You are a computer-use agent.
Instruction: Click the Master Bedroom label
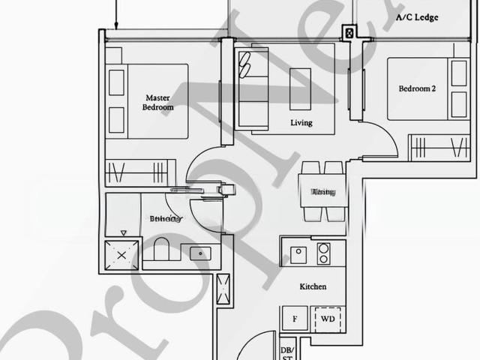(157, 103)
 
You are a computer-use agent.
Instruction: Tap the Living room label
(301, 123)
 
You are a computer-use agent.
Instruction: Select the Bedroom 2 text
(417, 89)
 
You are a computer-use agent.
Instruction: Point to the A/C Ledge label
(417, 17)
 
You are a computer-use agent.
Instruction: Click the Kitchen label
(313, 287)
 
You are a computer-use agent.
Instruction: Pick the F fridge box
(295, 319)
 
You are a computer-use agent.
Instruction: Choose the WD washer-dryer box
(328, 319)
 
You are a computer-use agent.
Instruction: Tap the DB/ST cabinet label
(286, 353)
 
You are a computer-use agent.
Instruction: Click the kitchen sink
(298, 253)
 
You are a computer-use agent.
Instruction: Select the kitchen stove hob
(324, 253)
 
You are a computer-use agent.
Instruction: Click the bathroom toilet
(162, 250)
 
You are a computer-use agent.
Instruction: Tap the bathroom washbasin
(200, 253)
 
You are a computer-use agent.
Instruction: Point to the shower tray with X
(122, 256)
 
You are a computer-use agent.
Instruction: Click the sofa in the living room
(250, 86)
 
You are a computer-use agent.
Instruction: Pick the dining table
(323, 192)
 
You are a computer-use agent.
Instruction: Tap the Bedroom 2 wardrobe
(439, 145)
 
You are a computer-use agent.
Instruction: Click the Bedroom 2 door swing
(375, 139)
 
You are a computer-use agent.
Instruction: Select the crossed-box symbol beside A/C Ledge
(349, 33)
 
